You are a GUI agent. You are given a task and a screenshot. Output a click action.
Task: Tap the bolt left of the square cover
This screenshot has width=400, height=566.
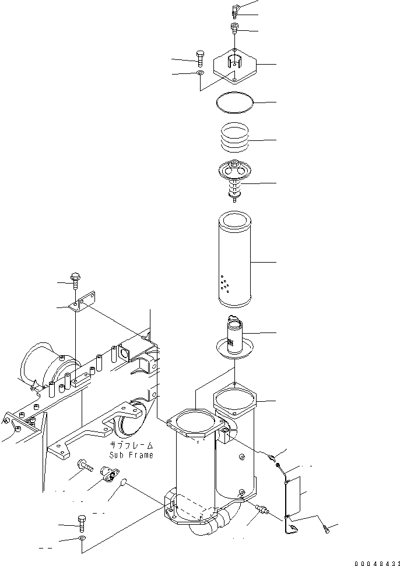(x=200, y=57)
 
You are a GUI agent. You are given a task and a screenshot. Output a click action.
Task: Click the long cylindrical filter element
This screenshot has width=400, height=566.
(x=234, y=260)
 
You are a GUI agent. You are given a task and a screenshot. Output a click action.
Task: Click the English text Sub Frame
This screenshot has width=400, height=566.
(x=131, y=455)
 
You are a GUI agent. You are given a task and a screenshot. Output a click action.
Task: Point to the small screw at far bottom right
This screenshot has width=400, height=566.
(x=328, y=529)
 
